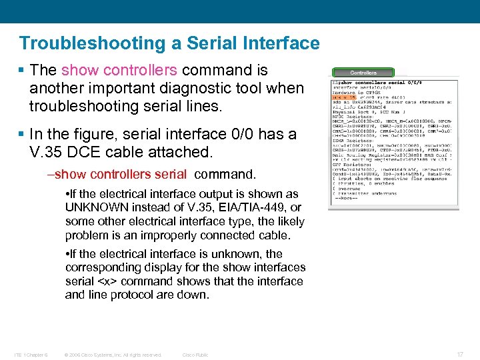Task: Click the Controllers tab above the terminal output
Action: (363, 73)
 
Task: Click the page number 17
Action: (459, 355)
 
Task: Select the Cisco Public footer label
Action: (195, 355)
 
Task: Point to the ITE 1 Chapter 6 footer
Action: (33, 355)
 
